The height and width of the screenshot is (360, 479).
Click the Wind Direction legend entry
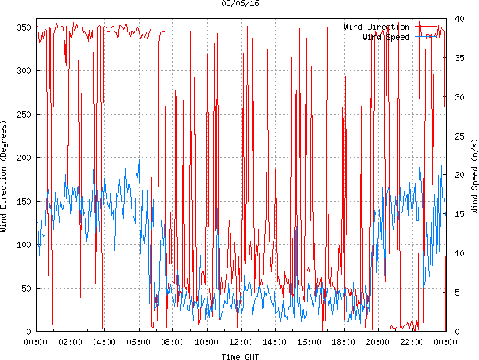point(376,27)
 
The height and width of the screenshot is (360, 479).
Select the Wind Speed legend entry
point(386,37)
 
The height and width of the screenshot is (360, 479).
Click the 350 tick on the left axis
point(22,27)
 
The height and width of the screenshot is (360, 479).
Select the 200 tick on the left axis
point(22,158)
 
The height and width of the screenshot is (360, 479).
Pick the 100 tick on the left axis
point(22,245)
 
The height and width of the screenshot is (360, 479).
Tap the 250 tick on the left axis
point(22,115)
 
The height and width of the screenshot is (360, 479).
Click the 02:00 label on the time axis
point(70,342)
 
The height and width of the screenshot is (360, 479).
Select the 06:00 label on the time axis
point(138,342)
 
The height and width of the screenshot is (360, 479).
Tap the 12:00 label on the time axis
point(241,342)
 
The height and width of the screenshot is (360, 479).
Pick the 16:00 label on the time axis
point(309,342)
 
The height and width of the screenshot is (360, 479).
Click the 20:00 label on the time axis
point(377,342)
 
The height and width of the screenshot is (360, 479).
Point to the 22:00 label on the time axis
point(412,342)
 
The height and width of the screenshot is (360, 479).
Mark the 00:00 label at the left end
point(35,342)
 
